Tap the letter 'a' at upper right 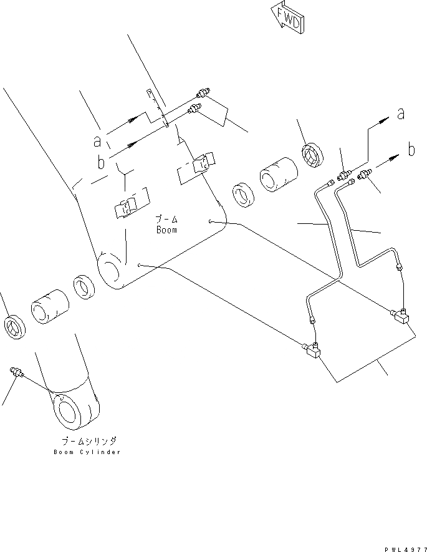[401, 114]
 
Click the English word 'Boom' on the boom [166, 230]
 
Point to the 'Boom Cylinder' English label [88, 452]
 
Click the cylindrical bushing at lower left [49, 306]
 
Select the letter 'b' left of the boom [101, 162]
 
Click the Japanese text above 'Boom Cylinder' [87, 440]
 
